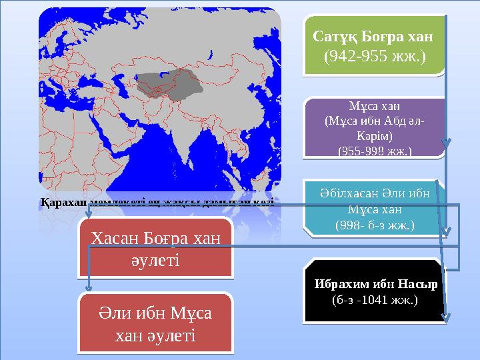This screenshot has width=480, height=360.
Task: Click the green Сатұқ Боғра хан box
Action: point(373,45)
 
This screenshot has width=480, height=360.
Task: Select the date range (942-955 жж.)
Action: point(373,56)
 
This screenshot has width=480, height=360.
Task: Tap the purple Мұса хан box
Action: point(374,129)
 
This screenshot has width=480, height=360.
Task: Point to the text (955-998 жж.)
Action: point(374,151)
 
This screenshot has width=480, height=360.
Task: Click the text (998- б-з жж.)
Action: point(374,225)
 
